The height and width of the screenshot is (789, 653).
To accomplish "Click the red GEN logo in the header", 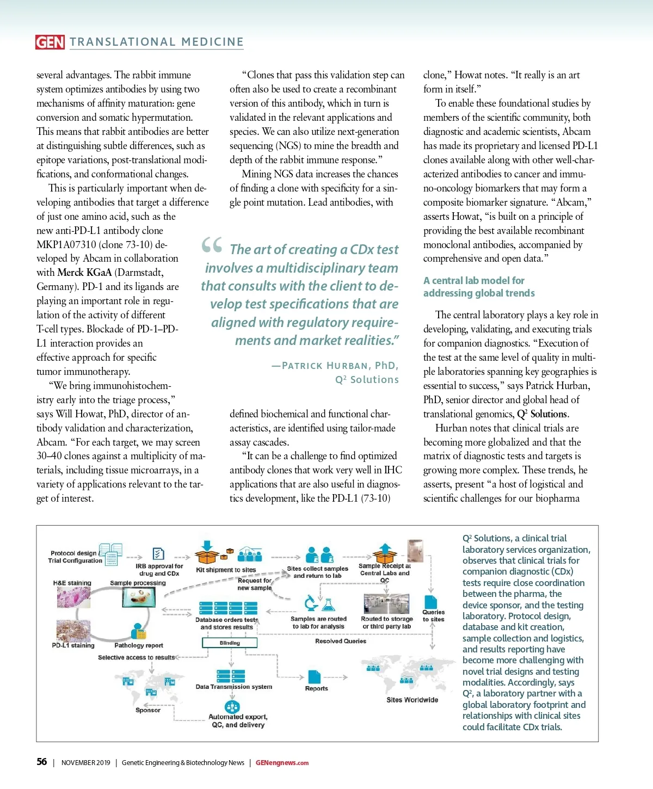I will click(x=50, y=42).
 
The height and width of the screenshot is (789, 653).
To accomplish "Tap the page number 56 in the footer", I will click(x=42, y=762).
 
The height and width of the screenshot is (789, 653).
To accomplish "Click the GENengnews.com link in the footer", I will click(x=282, y=762).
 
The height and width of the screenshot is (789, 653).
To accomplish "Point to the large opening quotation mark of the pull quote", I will click(x=212, y=246).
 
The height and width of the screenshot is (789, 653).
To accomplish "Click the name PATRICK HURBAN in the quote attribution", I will click(x=326, y=366).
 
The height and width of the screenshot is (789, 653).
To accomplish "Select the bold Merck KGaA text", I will click(x=84, y=272).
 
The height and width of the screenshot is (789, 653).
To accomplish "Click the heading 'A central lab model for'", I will click(x=473, y=280).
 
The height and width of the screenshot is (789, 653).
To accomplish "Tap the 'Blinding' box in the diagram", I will click(x=230, y=643).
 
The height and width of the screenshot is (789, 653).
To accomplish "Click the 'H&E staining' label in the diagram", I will click(x=72, y=583).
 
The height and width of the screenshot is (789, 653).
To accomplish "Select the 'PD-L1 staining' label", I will click(x=73, y=645).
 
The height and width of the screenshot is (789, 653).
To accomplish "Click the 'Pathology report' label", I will click(x=139, y=645).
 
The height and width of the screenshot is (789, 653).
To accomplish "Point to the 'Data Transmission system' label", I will click(x=234, y=687).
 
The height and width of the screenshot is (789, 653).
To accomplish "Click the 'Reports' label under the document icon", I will click(x=316, y=688).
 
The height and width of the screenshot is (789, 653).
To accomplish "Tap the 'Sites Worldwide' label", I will click(x=412, y=700).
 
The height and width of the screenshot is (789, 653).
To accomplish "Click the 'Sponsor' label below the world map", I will click(x=148, y=710).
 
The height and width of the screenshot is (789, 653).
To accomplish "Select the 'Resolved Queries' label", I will click(x=341, y=641).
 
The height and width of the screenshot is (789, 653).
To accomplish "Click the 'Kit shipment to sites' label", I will click(x=226, y=570).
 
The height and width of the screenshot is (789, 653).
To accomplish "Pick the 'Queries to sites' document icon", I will click(x=430, y=602).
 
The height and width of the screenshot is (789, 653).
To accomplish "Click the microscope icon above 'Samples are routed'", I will click(x=311, y=603).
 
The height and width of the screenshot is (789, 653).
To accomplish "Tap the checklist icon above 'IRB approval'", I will click(x=158, y=554).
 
